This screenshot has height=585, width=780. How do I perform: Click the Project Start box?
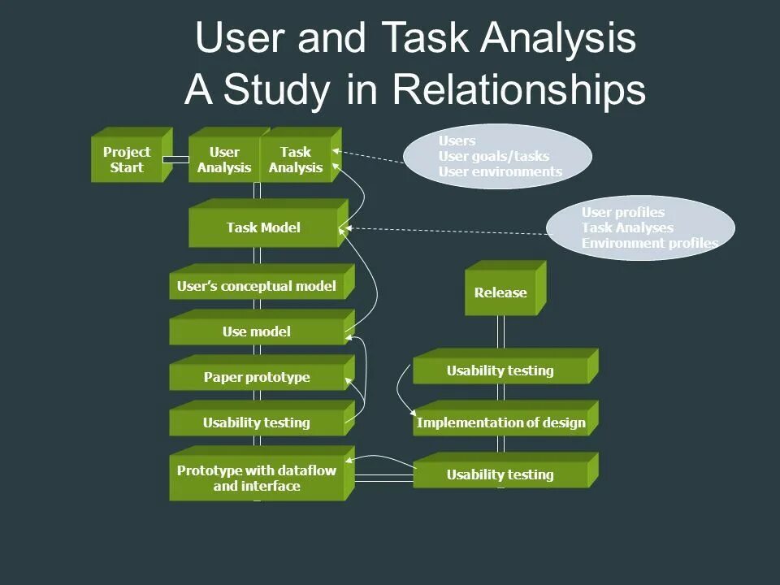coord(127,159)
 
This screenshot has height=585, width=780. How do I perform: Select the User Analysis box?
coord(224,159)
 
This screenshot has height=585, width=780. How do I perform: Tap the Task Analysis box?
coord(296,159)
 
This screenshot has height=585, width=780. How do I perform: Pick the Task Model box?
coord(263,227)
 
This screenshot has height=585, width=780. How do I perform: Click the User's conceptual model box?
coord(257,286)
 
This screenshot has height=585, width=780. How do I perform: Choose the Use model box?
coord(257,331)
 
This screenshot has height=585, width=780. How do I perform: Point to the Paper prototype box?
coord(257,377)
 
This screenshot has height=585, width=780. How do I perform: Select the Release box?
coord(500,292)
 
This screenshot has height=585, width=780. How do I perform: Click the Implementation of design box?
coord(500,422)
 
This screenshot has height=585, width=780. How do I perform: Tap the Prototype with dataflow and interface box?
coord(257,479)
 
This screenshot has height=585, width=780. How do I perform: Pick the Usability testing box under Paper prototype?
coord(257,422)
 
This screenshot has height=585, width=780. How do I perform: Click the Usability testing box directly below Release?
coord(500,370)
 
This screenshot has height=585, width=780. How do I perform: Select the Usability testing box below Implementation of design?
coord(500,474)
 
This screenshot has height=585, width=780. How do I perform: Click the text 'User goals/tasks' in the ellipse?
coord(493,156)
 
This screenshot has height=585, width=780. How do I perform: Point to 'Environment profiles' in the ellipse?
coord(649,243)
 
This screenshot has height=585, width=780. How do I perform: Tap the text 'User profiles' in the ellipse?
coord(622,212)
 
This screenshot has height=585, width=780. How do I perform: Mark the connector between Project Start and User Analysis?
coord(176,159)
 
